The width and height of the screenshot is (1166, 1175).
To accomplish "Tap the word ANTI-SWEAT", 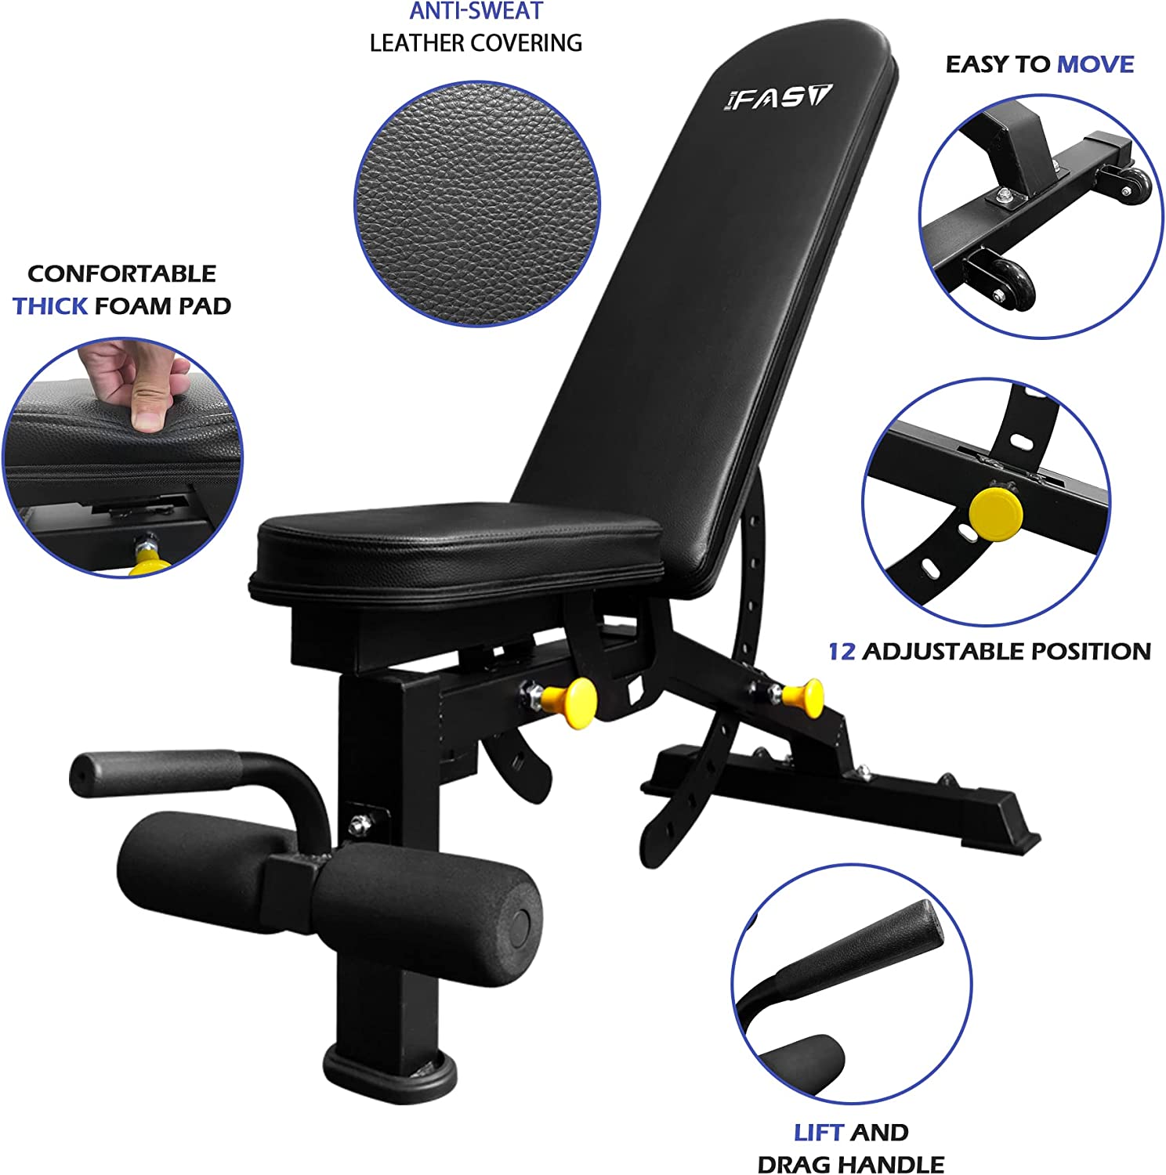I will tap(476, 12).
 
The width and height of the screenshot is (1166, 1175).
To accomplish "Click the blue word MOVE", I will tap(1095, 64).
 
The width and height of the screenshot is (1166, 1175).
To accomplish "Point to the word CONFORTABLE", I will tap(121, 273).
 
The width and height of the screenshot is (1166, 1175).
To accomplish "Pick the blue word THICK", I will tap(49, 305).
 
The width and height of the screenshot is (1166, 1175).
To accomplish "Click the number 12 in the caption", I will tap(842, 651).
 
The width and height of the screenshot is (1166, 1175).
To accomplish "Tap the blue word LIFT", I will tap(819, 1132).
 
